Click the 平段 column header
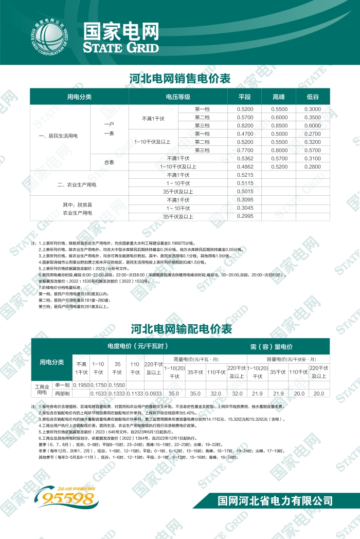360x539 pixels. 245,97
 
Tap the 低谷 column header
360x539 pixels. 313,97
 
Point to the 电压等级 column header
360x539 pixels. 178,97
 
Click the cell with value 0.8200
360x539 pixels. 245,126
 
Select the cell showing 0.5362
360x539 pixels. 245,159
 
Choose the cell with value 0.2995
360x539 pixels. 245,216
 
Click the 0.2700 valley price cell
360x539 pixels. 313,134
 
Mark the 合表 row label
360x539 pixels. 109,162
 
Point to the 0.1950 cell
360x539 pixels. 81,385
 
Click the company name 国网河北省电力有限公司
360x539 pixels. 275,500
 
